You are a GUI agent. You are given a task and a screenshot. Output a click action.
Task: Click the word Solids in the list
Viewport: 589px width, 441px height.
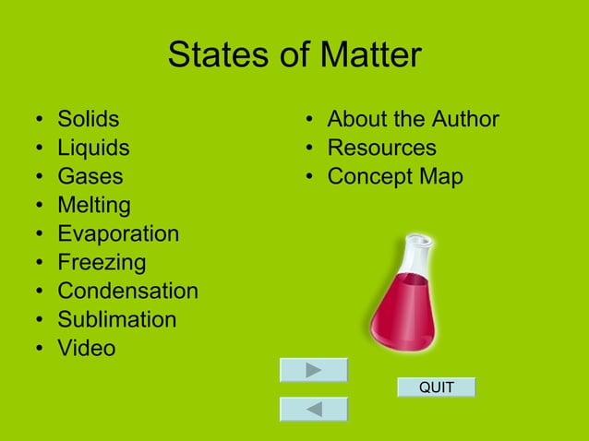[89, 119]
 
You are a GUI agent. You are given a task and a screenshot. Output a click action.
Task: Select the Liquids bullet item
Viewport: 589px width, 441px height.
[93, 148]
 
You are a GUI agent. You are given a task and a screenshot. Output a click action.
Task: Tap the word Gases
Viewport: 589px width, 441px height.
[90, 176]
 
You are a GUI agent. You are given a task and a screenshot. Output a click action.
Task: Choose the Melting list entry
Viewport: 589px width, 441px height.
[94, 205]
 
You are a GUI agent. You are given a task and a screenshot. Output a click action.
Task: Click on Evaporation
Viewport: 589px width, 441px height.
[118, 233]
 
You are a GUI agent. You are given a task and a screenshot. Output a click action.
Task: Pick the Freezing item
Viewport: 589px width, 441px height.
[102, 262]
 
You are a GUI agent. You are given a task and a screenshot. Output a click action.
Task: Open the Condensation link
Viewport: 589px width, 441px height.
[127, 291]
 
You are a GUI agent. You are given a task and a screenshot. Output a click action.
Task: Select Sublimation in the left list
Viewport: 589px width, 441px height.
[116, 319]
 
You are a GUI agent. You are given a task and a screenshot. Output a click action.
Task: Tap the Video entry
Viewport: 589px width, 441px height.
[87, 348]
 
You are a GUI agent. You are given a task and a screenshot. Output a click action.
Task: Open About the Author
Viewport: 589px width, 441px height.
[413, 119]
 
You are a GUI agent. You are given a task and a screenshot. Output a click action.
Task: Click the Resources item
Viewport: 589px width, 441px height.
[381, 148]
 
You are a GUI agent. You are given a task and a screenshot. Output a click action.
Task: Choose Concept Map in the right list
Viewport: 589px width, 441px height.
[395, 176]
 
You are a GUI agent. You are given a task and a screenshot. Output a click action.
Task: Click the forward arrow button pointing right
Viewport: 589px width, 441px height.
[314, 370]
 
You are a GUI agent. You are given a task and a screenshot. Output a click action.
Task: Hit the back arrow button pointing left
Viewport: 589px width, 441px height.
[314, 409]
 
